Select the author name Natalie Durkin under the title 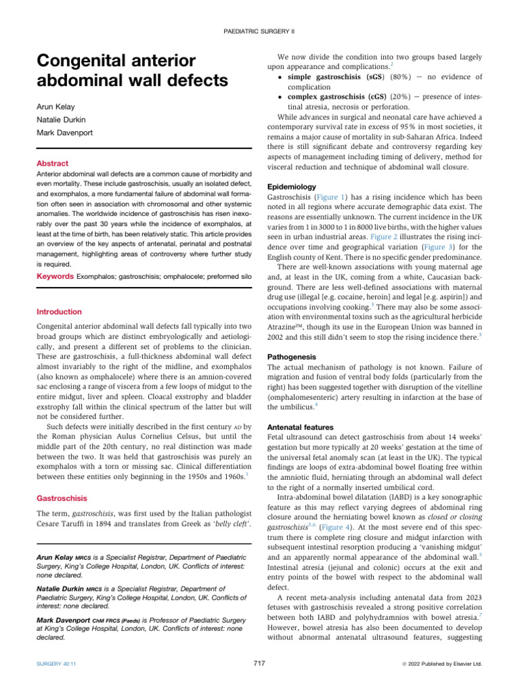coord(61,120)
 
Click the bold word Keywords coord(56,277)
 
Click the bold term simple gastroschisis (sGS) coord(336,78)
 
